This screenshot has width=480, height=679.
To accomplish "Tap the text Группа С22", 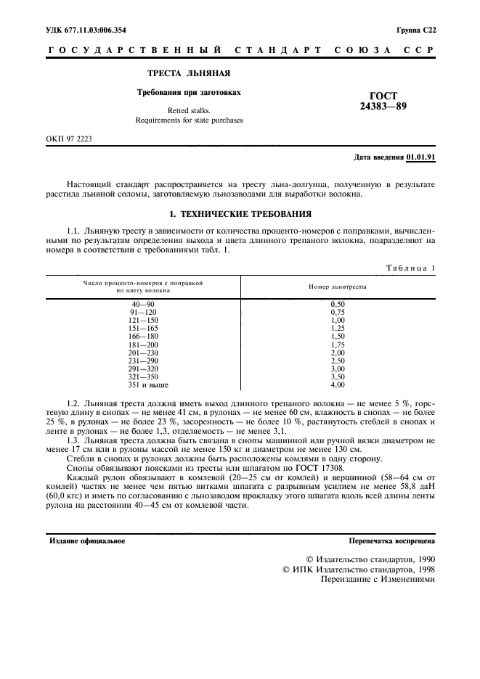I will (415, 30).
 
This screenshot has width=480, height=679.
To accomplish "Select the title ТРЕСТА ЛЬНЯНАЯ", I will (189, 74).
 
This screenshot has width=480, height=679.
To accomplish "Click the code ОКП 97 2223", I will (70, 138).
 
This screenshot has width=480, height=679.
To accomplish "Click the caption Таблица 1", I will (410, 268).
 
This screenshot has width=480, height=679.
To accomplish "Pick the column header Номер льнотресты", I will (338, 287).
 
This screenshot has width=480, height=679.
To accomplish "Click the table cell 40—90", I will (142, 304).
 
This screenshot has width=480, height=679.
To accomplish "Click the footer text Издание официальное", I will (86, 541).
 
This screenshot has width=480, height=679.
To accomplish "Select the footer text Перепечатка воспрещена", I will (391, 541).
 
